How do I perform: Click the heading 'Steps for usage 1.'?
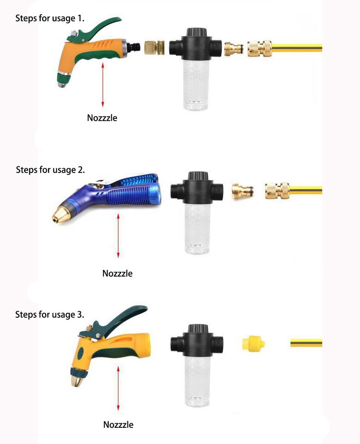point(50,18)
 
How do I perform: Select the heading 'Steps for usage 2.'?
point(50,170)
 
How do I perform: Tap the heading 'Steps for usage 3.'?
point(50,314)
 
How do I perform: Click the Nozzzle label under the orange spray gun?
point(102,118)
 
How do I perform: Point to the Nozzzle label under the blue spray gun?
point(117,273)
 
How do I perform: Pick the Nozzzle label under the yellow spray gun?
point(118,425)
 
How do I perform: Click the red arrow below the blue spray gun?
point(118,236)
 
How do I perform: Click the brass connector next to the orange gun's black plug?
point(154,47)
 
